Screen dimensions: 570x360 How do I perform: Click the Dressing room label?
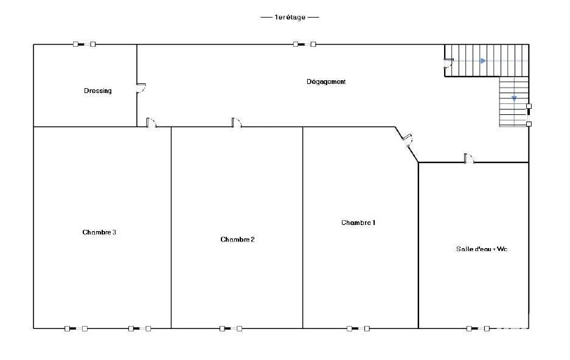[x=97, y=91]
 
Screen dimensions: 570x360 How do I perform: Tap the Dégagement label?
[x=326, y=81]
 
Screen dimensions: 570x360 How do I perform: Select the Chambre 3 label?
[x=99, y=232]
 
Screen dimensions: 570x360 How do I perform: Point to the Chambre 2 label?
[x=237, y=240]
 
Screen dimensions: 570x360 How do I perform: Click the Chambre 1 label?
[x=358, y=223]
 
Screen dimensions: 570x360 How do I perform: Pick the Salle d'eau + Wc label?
[x=482, y=249]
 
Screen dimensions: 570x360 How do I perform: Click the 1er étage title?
[x=290, y=17]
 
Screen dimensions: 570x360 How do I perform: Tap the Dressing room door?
[x=141, y=88]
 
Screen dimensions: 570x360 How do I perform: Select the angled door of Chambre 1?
[x=407, y=140]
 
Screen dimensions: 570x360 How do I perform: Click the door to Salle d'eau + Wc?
[x=469, y=159]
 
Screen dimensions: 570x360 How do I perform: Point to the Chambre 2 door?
[x=237, y=123]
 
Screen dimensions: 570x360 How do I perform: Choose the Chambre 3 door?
[x=151, y=123]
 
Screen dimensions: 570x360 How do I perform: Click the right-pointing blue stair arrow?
[x=483, y=61]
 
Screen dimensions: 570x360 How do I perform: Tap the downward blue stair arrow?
[x=514, y=99]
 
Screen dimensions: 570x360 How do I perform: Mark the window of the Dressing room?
[x=85, y=44]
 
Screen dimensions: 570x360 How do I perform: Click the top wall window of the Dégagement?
[x=305, y=44]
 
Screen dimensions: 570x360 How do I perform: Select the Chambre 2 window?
[x=231, y=329]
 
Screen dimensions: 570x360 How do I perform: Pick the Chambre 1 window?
[x=358, y=329]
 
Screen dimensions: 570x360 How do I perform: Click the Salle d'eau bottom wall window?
[x=478, y=329]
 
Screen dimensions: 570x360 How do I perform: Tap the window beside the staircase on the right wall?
[x=529, y=115]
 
